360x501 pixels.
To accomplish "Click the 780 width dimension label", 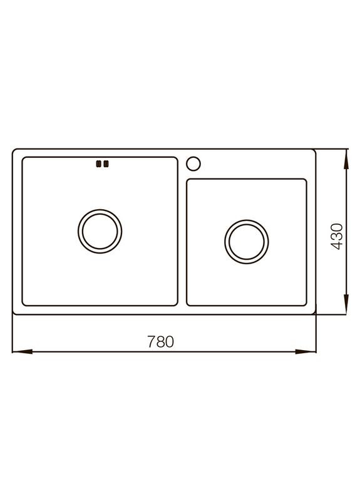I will tap(160, 342).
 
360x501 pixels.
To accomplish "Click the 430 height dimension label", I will tap(336, 237).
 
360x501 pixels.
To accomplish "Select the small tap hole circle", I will tap(195, 163).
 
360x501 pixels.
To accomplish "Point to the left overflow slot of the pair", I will tap(98, 164).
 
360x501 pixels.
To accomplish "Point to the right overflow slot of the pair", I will tap(106, 164).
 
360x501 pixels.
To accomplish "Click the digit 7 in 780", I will tap(151, 342).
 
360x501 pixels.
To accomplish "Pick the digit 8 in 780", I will tap(160, 342).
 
